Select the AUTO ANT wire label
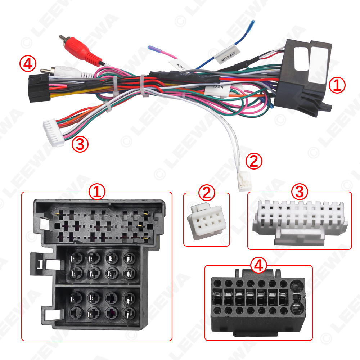pos(227,55)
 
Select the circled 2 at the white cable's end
pos(254,161)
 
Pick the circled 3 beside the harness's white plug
pos(80,144)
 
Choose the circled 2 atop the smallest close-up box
pos(206,193)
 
